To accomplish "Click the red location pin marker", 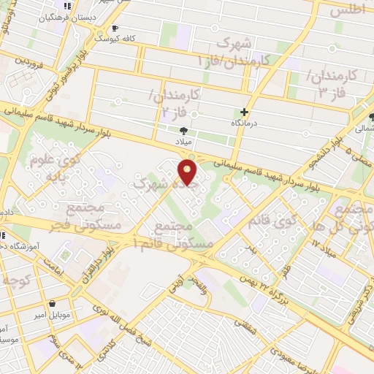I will [188, 172].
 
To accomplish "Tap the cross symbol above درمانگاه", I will [244, 112].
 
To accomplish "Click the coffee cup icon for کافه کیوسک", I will [114, 28].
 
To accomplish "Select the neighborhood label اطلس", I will [347, 10].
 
